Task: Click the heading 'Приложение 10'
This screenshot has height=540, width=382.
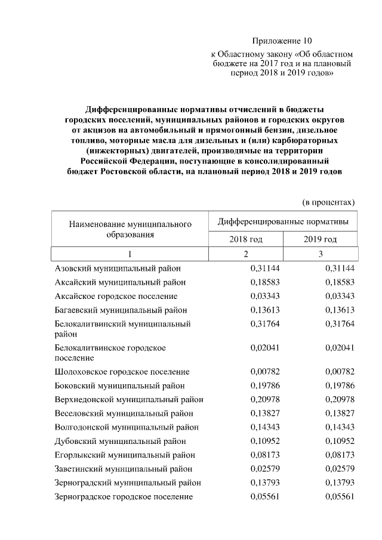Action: tap(282, 41)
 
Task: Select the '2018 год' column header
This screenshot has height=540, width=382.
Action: tap(245, 239)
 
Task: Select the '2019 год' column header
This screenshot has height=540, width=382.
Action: tap(320, 239)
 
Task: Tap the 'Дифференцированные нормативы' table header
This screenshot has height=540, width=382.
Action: tap(283, 221)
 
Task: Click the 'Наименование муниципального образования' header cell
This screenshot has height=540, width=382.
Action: tap(130, 229)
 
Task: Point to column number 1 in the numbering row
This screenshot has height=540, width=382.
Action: tap(130, 254)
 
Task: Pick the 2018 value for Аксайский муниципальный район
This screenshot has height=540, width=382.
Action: tap(264, 282)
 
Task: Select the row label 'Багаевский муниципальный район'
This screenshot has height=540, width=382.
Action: tap(121, 310)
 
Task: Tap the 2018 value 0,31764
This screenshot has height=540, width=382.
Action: tap(264, 323)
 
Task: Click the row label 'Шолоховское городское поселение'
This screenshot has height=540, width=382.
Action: tap(122, 372)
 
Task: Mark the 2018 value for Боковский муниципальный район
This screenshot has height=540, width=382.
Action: tap(264, 385)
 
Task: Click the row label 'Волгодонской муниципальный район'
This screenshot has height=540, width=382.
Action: tap(126, 427)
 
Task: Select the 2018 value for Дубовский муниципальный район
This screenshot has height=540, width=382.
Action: tap(264, 440)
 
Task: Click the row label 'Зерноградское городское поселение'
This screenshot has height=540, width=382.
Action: tap(124, 496)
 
